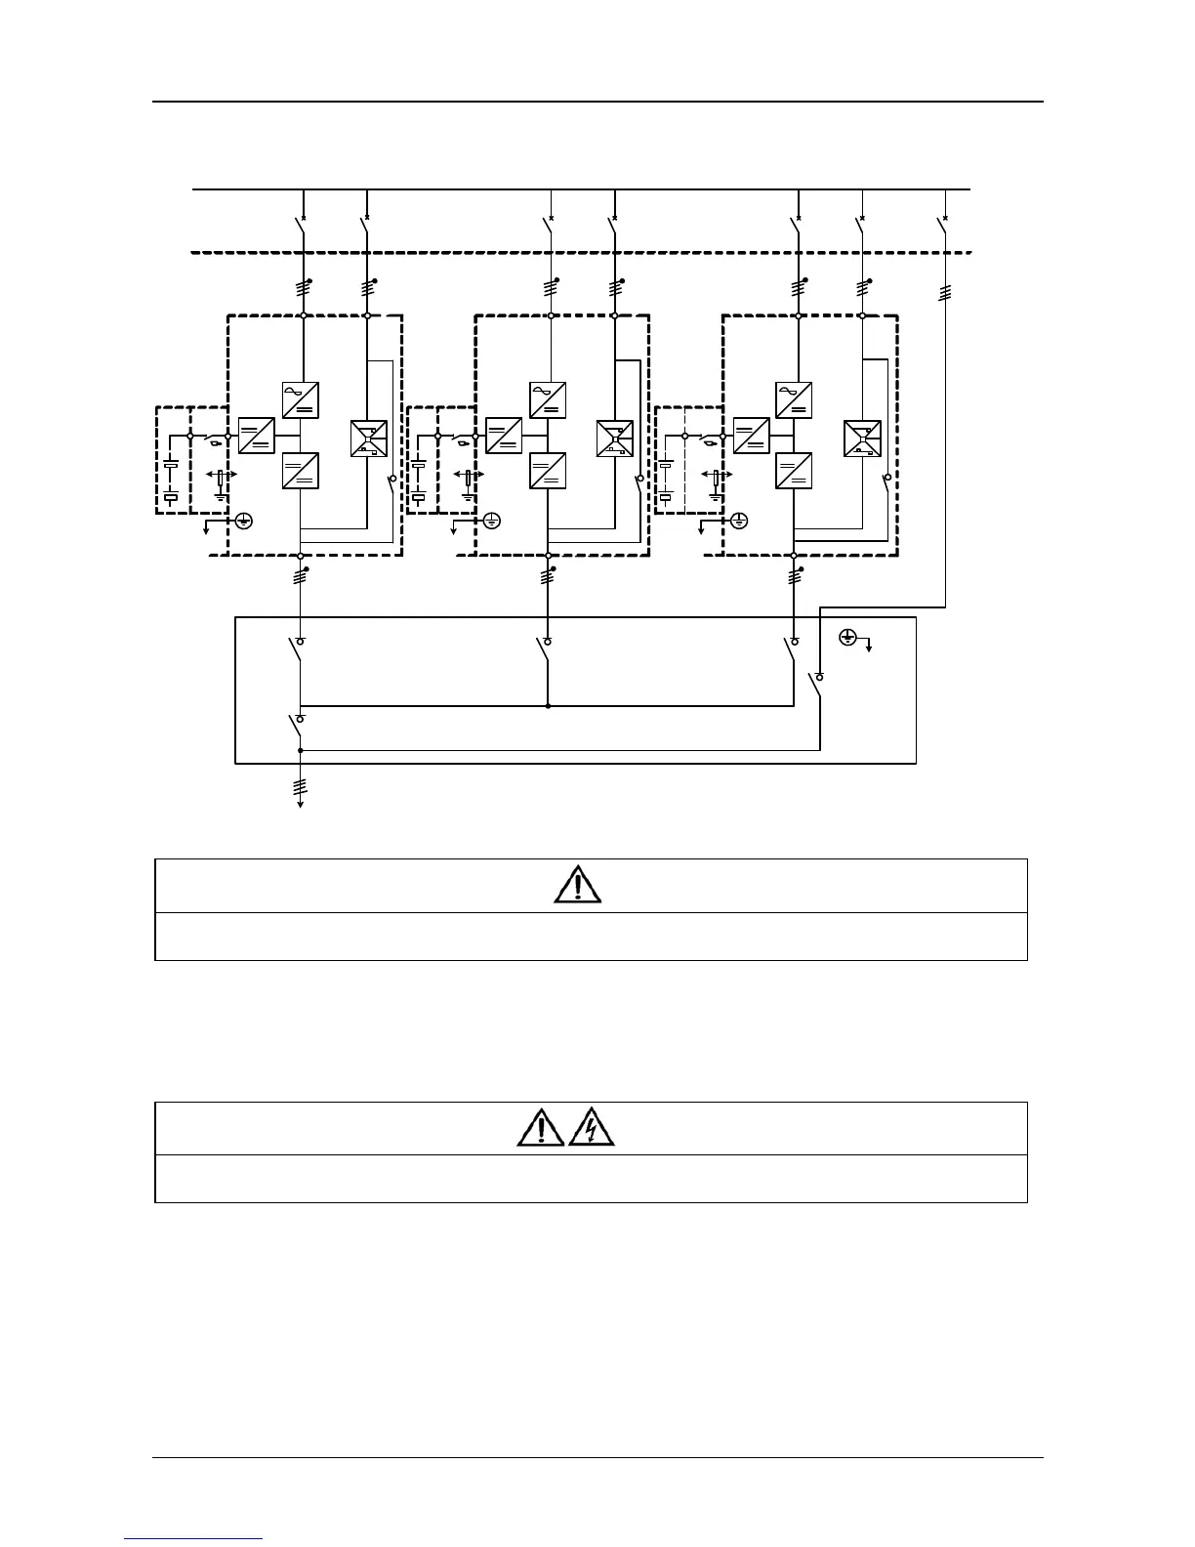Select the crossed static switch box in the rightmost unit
coord(863,439)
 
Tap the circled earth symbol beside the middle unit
coord(492,521)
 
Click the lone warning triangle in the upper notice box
coord(577,885)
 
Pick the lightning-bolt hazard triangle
coord(592,1127)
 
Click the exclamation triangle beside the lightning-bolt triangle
coord(541,1127)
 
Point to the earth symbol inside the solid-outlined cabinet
coord(848,637)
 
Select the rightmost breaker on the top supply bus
coord(943,226)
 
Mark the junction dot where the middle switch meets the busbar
coord(548,705)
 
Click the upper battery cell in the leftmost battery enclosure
coord(171,467)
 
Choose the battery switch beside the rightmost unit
coord(703,441)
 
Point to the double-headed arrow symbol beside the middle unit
coord(470,475)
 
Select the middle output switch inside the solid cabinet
coord(543,649)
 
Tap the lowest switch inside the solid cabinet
coord(296,727)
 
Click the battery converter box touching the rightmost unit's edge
coord(751,435)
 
